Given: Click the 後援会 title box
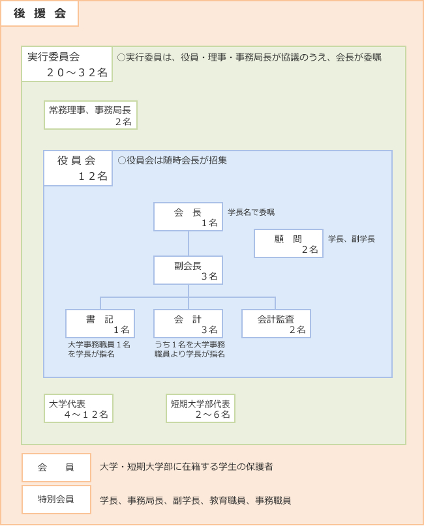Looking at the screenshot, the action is (x=40, y=14).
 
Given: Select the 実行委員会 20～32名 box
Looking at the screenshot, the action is (x=67, y=64).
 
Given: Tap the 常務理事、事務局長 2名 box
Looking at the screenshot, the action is (x=91, y=115).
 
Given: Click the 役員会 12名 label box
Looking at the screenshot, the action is (x=78, y=168).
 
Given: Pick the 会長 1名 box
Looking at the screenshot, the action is (x=189, y=216).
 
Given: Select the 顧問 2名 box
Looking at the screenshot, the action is (x=289, y=244).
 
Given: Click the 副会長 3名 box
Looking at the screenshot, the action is (x=189, y=270).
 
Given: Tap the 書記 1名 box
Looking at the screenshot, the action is (x=100, y=324).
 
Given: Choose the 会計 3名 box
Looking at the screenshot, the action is (x=189, y=324).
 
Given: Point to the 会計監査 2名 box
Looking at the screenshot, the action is (x=277, y=324).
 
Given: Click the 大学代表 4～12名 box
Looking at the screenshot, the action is (x=78, y=408).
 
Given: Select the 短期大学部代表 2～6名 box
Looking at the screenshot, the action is (x=200, y=408).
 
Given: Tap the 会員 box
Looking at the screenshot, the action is (x=56, y=467).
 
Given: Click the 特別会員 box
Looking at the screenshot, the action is (x=56, y=499).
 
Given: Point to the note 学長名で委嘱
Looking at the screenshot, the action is (x=251, y=212).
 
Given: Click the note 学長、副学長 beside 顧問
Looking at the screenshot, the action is (x=352, y=239).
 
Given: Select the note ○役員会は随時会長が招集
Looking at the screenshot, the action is (x=172, y=160).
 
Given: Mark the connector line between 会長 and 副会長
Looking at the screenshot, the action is (x=189, y=244).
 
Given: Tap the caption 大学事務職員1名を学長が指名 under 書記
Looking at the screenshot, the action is (x=99, y=349).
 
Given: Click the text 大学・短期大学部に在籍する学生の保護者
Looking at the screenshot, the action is (x=187, y=467).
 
